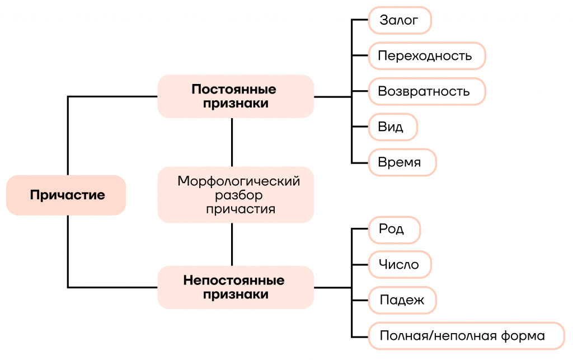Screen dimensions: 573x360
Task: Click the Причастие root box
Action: [66, 195]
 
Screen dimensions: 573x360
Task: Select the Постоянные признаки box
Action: [236, 96]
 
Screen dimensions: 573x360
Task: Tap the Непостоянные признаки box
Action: [236, 287]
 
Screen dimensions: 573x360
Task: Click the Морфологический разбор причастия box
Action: [236, 195]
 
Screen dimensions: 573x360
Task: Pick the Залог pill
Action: [400, 20]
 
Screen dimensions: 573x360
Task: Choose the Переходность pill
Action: [427, 55]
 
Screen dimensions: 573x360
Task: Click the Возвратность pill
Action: [427, 91]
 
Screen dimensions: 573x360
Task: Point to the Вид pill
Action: [393, 127]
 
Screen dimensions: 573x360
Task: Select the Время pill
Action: [402, 162]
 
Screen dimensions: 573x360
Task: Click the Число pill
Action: [400, 265]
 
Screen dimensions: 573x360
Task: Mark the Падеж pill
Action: [402, 300]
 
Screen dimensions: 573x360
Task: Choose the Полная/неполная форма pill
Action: [467, 335]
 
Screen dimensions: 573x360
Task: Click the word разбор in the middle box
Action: [238, 195]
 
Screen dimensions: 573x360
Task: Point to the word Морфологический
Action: [238, 181]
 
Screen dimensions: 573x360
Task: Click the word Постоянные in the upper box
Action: [234, 89]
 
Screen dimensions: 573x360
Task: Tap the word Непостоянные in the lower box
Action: [234, 280]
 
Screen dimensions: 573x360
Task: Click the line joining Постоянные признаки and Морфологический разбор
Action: [232, 142]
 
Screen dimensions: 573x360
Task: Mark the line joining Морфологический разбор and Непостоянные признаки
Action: [232, 244]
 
